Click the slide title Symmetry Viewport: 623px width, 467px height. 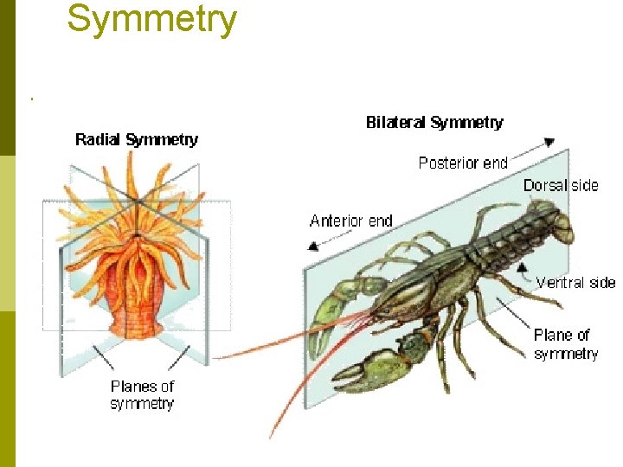[151, 19]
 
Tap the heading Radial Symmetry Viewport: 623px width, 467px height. [137, 139]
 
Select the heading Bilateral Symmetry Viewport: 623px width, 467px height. [434, 123]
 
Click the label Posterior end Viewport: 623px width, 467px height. [463, 163]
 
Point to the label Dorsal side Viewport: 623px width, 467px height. [561, 186]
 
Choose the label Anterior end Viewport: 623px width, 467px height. [350, 221]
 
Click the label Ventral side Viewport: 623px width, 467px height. [575, 283]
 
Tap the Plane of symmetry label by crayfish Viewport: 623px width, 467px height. [565, 344]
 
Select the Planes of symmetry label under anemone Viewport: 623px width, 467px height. [142, 395]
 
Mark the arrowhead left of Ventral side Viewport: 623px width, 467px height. [523, 269]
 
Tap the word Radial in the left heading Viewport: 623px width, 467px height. [99, 139]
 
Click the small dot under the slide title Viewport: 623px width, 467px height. [32, 99]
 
